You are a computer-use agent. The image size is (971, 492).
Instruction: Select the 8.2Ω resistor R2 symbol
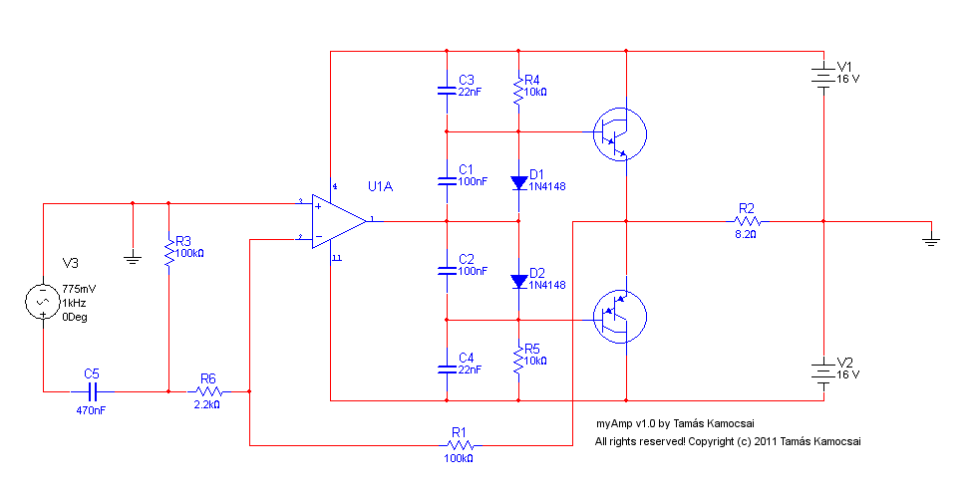coord(748,221)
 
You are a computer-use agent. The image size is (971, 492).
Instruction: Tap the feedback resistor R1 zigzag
coord(460,445)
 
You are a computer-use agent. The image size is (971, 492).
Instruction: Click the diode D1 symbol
coord(519,182)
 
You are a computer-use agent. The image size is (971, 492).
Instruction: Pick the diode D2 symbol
coord(519,282)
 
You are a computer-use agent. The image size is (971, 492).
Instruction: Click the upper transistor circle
coord(620,134)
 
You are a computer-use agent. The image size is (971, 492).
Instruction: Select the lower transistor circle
coord(620,317)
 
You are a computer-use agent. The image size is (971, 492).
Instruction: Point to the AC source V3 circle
coord(43,302)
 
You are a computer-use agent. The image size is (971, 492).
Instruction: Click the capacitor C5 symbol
coord(92,391)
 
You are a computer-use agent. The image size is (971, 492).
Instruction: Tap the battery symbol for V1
coord(823,75)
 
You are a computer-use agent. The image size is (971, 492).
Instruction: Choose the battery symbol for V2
coord(823,371)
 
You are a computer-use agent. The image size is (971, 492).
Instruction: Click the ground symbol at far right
coord(931,240)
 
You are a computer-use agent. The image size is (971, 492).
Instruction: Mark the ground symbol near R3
coord(133,258)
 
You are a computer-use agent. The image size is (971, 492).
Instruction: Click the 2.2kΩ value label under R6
coord(206,404)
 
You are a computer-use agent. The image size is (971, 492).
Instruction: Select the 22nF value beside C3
coord(470,92)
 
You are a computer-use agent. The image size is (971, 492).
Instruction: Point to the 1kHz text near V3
coord(74,303)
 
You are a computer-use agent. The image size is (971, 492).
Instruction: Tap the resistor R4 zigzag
coord(519,91)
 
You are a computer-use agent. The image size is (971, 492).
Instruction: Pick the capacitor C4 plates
coord(447,369)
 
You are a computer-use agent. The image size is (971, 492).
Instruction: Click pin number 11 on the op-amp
coord(337,258)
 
